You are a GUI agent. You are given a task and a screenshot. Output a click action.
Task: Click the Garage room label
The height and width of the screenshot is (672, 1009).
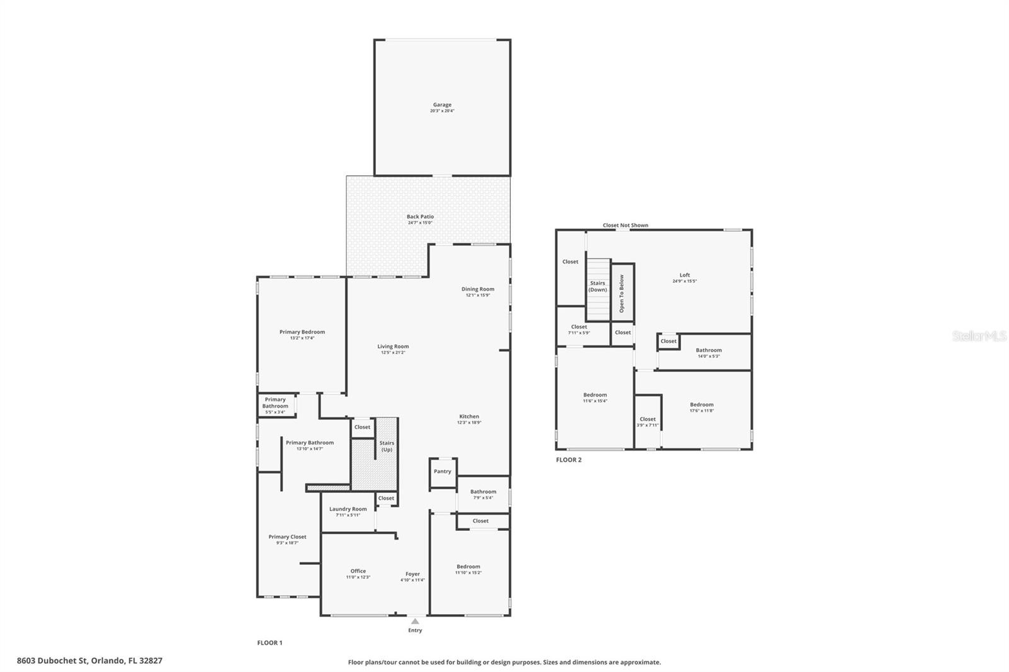pos(441,105)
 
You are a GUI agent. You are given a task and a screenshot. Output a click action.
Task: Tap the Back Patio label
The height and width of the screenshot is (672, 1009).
pos(420,216)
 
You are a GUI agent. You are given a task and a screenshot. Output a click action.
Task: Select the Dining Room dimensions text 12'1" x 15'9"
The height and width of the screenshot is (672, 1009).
pos(477,295)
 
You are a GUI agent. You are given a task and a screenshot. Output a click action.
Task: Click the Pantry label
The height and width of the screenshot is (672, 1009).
pos(442,471)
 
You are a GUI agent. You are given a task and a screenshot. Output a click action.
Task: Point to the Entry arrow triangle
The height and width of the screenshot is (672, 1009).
pos(415,622)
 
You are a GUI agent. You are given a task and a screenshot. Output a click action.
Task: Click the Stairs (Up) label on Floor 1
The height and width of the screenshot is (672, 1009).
pos(387,446)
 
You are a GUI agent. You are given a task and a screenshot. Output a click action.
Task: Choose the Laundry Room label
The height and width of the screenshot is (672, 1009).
pos(347,509)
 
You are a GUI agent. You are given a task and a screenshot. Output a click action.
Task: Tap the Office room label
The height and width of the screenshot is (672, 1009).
pos(358,571)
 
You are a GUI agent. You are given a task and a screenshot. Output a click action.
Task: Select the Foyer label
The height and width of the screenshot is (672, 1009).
pos(412,574)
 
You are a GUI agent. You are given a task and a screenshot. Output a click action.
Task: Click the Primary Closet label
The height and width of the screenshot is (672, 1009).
pos(287,536)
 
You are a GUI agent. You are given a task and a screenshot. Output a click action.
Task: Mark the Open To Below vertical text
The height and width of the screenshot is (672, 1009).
pos(621,293)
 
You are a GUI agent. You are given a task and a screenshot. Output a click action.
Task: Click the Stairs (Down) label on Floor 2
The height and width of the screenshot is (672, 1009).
pos(597,286)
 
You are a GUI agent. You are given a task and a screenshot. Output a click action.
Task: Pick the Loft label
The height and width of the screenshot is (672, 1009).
pos(684,275)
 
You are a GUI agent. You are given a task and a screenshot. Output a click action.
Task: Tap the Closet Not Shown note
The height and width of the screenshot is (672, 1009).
pos(625,225)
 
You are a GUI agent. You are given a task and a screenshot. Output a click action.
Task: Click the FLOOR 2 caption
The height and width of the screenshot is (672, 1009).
pos(568,460)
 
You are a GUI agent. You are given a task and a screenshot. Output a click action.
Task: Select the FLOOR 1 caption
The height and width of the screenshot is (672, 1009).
pos(269,642)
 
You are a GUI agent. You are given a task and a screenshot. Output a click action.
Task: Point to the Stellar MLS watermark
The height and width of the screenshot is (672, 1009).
pos(979,336)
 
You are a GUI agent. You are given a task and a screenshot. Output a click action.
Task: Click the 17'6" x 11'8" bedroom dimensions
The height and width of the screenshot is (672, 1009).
pos(701,410)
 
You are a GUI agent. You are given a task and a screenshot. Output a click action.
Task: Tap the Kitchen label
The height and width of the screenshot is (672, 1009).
pos(469,416)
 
